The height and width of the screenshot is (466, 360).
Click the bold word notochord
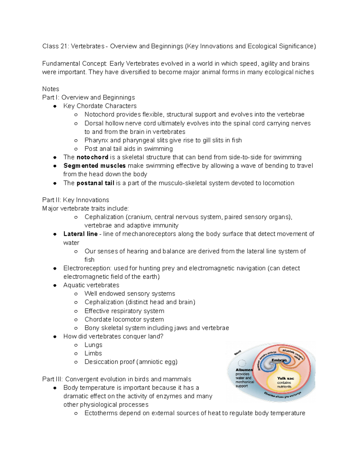pos(92,157)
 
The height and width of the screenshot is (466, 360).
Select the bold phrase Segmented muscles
pos(94,166)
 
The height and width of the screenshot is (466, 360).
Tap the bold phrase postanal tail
pos(95,183)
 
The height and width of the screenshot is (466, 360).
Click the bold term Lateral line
pos(80,234)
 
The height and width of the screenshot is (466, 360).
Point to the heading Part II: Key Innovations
pos(76,200)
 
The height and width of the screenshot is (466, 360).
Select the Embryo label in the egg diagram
pos(279,360)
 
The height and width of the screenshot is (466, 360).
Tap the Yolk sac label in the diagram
pos(285,378)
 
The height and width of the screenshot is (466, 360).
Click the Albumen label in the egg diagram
pos(244,370)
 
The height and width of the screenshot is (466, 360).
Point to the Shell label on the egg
pos(238,353)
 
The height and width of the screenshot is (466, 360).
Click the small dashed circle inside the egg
pos(242,363)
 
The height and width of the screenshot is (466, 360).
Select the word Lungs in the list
pos(93,345)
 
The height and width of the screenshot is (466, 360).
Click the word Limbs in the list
pos(93,353)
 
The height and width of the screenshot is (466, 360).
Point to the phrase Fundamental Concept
pos(74,64)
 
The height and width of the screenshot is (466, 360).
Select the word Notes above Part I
pos(50,89)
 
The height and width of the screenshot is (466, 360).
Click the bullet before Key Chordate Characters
pos(55,106)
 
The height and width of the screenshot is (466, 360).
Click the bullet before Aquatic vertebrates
pos(55,285)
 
